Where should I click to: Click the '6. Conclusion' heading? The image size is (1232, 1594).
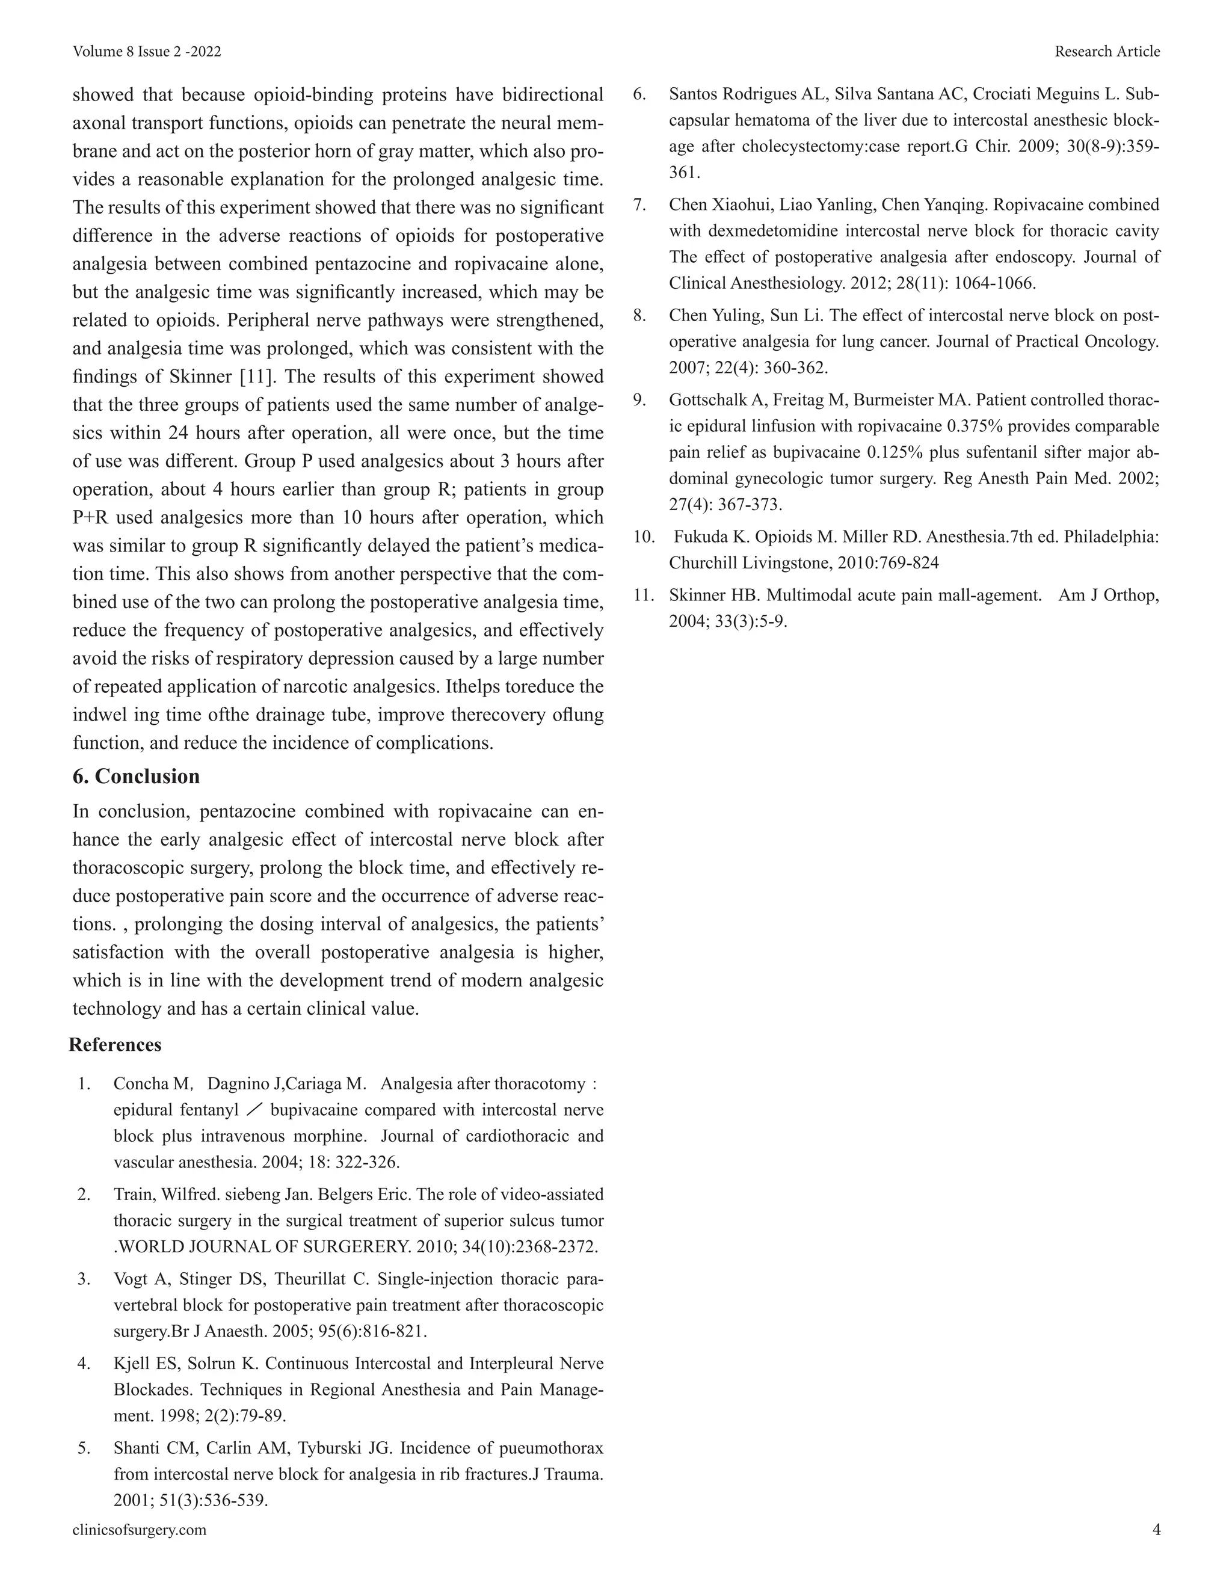[136, 777]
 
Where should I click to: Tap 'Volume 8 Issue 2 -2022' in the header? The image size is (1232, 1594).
[147, 51]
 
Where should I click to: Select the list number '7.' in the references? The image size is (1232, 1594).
[640, 205]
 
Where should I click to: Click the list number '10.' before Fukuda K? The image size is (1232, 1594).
[644, 537]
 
